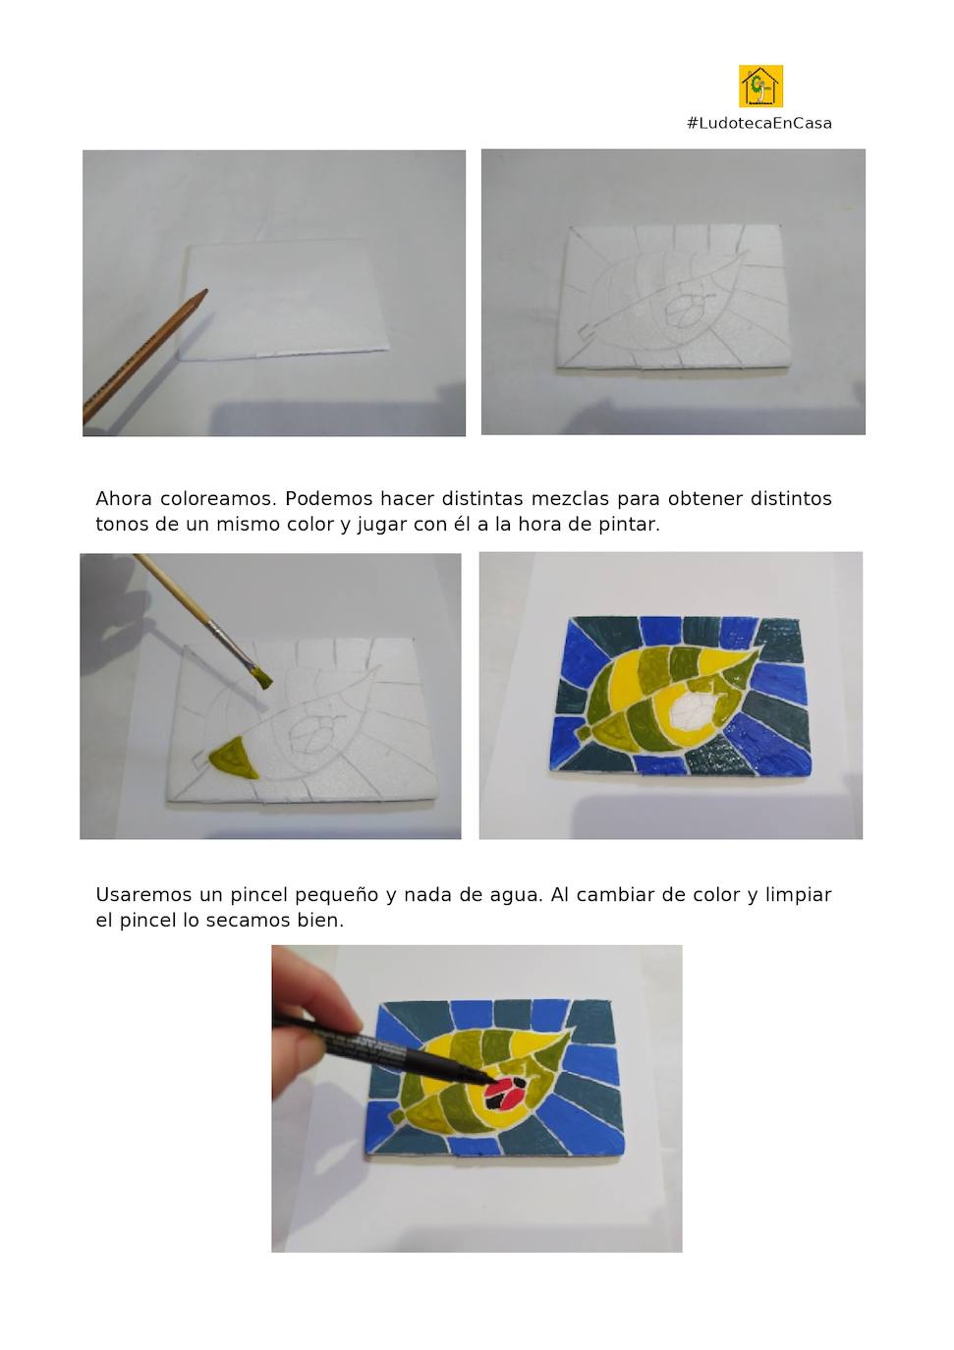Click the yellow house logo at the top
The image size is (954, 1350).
(x=760, y=86)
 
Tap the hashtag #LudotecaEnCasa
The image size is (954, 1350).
(x=759, y=124)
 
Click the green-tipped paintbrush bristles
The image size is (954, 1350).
(x=261, y=678)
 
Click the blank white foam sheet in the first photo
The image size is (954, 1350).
(x=285, y=300)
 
